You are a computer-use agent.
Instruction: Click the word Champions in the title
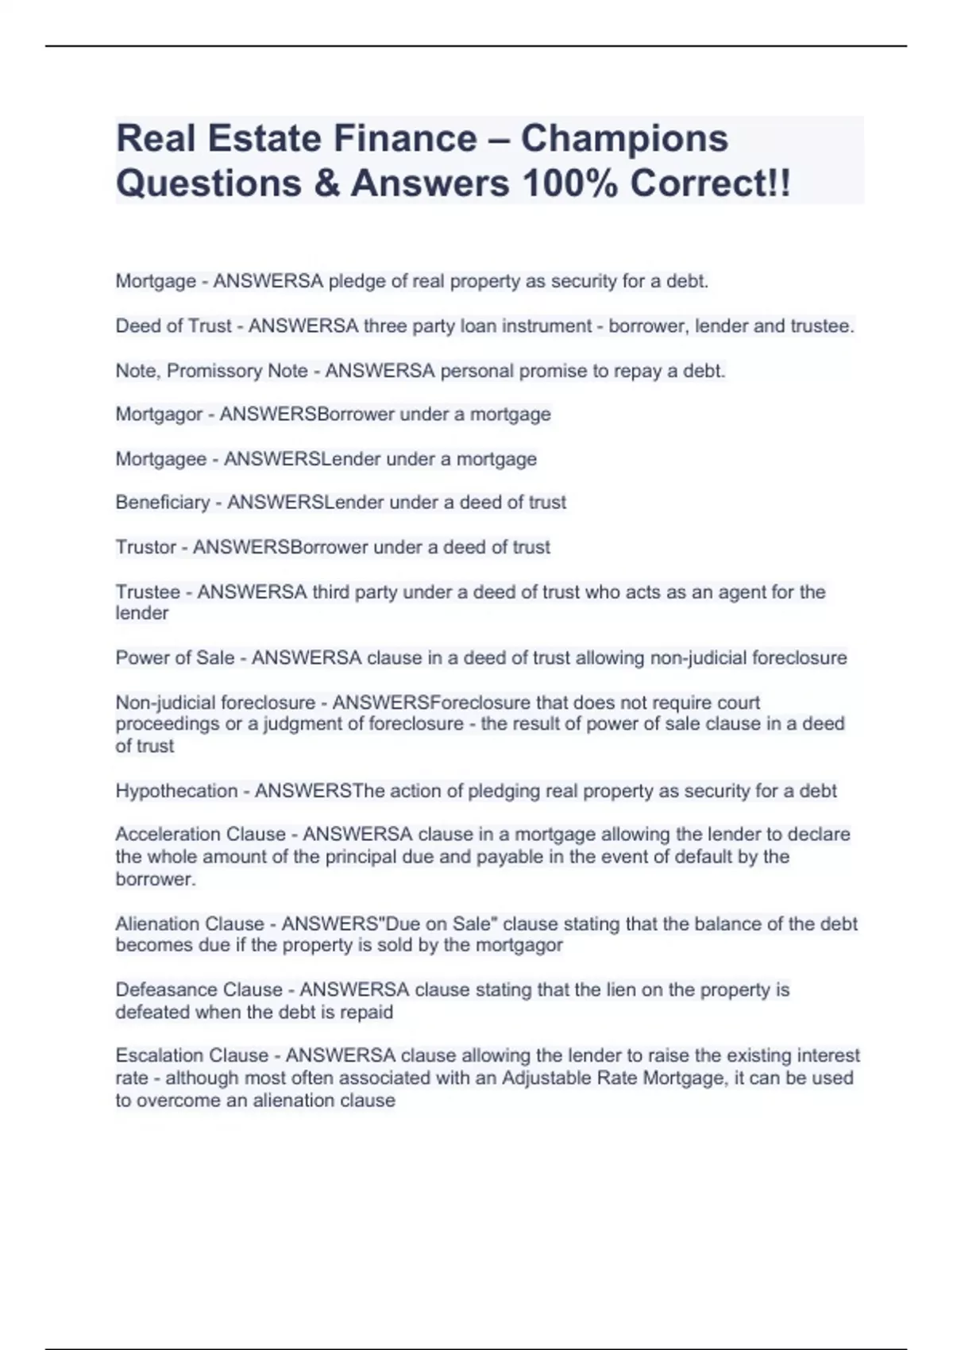pos(624,138)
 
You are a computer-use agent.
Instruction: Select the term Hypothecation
pos(176,791)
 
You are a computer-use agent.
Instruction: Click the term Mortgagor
pos(159,415)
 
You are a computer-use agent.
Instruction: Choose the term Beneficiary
pos(163,503)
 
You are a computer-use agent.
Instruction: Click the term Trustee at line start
pos(148,592)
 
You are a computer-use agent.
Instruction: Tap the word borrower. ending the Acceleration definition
pos(156,879)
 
